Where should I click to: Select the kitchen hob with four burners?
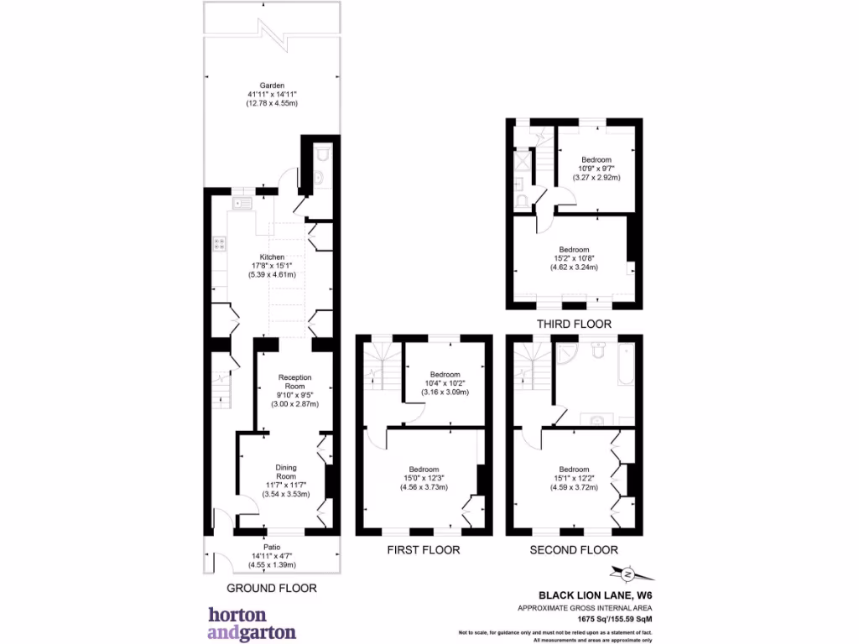[220, 244]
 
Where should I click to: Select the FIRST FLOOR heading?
[423, 550]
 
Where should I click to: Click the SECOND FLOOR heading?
[574, 550]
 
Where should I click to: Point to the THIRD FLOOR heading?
[574, 324]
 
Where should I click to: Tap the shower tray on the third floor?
[521, 159]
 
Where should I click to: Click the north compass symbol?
[626, 574]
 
